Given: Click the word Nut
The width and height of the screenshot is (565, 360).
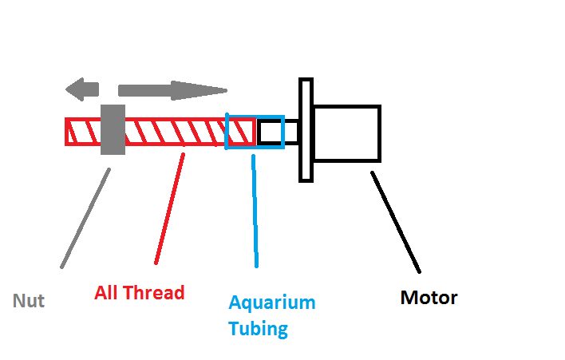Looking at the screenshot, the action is coord(29,301).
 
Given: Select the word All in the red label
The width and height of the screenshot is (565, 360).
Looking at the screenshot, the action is coord(105,292).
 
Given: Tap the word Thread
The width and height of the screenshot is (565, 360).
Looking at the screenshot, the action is coord(154,292).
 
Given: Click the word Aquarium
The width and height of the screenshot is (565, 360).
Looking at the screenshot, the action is coord(272,303).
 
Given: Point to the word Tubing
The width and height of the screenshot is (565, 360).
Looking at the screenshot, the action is coord(258,329).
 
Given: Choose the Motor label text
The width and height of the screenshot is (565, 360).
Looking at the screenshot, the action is coord(429,298).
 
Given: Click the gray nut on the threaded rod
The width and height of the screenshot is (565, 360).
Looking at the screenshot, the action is coord(113,130).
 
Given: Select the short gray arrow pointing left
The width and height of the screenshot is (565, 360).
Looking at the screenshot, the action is coord(81,89).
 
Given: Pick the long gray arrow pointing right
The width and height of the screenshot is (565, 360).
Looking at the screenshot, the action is coord(172,90).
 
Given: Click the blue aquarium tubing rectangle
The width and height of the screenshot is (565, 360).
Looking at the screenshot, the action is coord(255,117).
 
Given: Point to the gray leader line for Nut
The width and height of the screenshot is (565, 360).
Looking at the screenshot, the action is coord(85,219).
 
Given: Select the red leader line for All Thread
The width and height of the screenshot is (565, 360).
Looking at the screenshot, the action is coord(170,208).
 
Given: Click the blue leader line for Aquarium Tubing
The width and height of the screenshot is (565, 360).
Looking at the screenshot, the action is coord(255,212).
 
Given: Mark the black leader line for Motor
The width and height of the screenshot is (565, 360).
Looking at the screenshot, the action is coord(396,223).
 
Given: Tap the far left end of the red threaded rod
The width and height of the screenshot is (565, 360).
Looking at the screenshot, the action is coord(65,132).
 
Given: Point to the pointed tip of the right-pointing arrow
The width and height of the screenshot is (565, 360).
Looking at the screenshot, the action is coord(227,90).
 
